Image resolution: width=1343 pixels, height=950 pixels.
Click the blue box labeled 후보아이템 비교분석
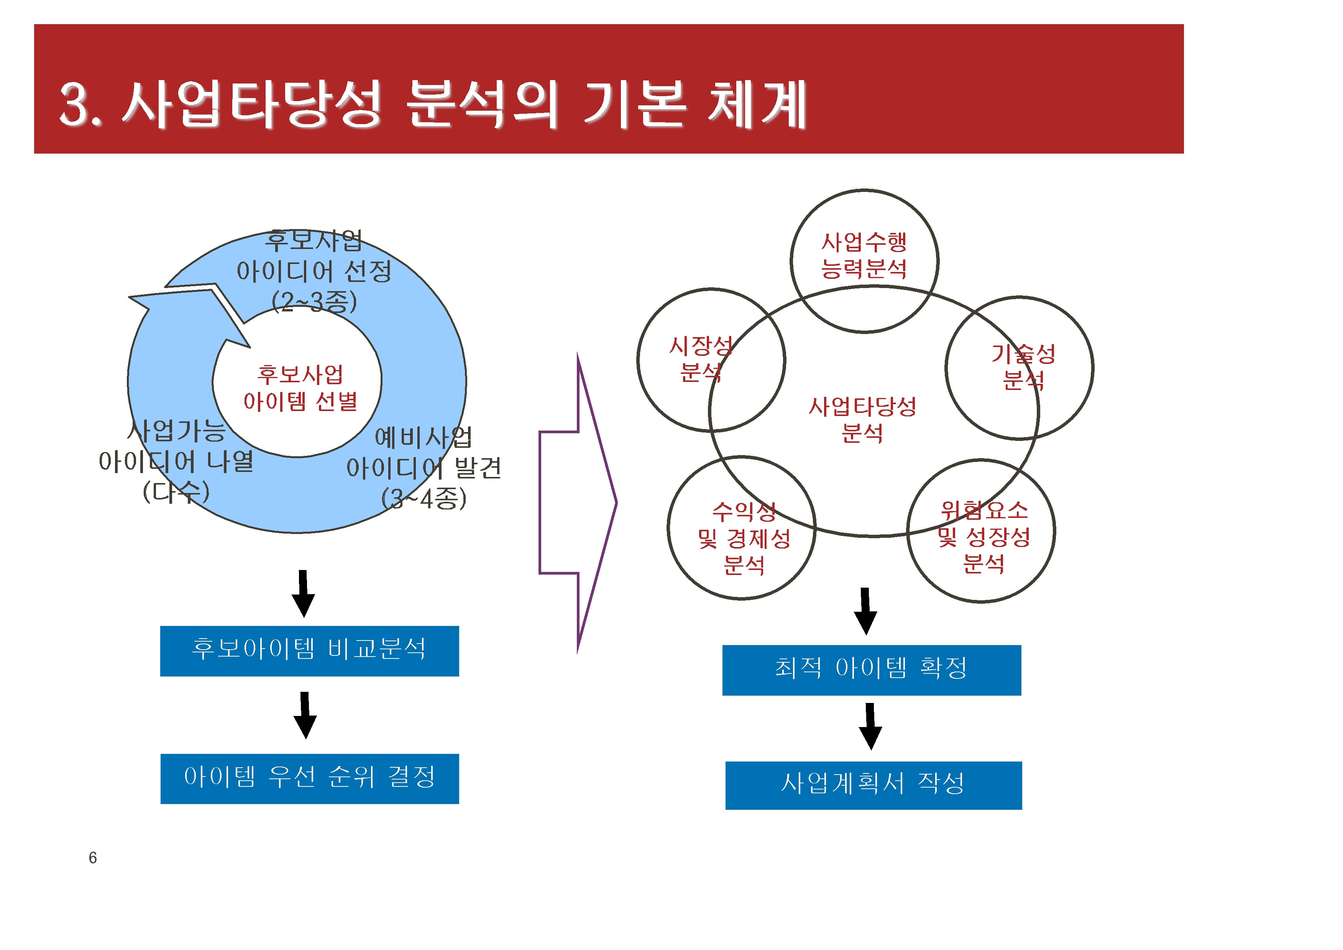[310, 651]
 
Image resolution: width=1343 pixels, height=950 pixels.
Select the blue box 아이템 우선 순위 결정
[310, 779]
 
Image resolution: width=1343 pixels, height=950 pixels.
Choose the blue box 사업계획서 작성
[874, 786]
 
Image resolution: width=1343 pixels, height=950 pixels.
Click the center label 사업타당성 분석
[862, 419]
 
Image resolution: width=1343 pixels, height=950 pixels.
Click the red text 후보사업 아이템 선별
[300, 388]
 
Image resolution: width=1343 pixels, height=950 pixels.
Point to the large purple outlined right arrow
[578, 503]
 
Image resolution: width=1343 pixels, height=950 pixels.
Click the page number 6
[92, 858]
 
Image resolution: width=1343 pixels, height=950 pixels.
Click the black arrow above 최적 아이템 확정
[865, 611]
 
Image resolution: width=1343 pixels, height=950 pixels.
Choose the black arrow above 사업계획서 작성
[870, 727]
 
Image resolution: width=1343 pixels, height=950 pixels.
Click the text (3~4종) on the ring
[424, 498]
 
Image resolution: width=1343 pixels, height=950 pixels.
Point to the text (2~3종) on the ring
[314, 302]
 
